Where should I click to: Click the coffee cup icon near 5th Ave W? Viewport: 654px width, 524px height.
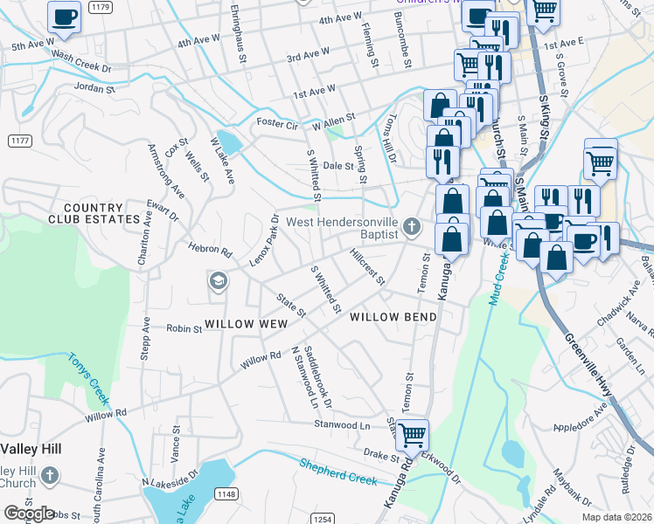pyautogui.click(x=63, y=17)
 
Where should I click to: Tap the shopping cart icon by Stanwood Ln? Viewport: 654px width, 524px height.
pyautogui.click(x=412, y=433)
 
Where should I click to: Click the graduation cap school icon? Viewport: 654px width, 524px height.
pyautogui.click(x=218, y=280)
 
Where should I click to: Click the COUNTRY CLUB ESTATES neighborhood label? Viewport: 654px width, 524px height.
pyautogui.click(x=94, y=218)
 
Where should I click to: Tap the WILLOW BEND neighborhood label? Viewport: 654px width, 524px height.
pyautogui.click(x=392, y=318)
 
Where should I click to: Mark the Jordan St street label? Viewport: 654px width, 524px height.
pyautogui.click(x=94, y=88)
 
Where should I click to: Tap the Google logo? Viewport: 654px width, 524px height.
pyautogui.click(x=28, y=513)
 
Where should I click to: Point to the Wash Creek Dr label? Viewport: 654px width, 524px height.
pyautogui.click(x=82, y=61)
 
